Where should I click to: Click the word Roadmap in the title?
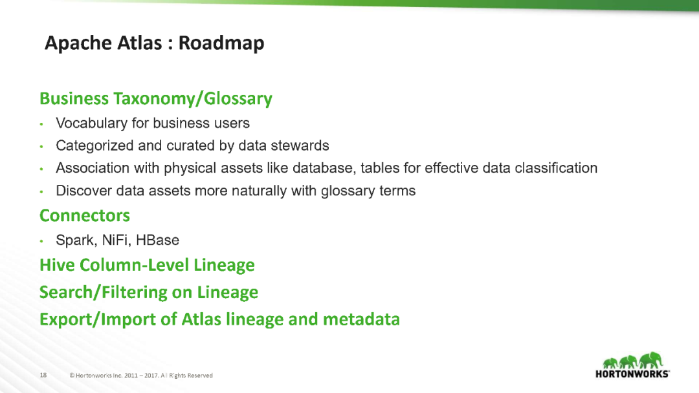[x=221, y=43]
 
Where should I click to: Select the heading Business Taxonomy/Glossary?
[x=156, y=99]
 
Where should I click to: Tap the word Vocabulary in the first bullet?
[x=91, y=123]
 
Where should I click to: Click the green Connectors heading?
[x=85, y=215]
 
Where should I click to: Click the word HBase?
[x=157, y=240]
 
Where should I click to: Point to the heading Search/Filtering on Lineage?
[x=149, y=292]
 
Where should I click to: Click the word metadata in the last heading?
[x=361, y=319]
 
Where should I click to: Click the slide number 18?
[x=43, y=375]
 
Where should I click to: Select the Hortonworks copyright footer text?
[x=141, y=376]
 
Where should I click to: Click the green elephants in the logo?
[x=633, y=360]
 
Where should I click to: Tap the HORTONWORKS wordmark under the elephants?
[x=632, y=374]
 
